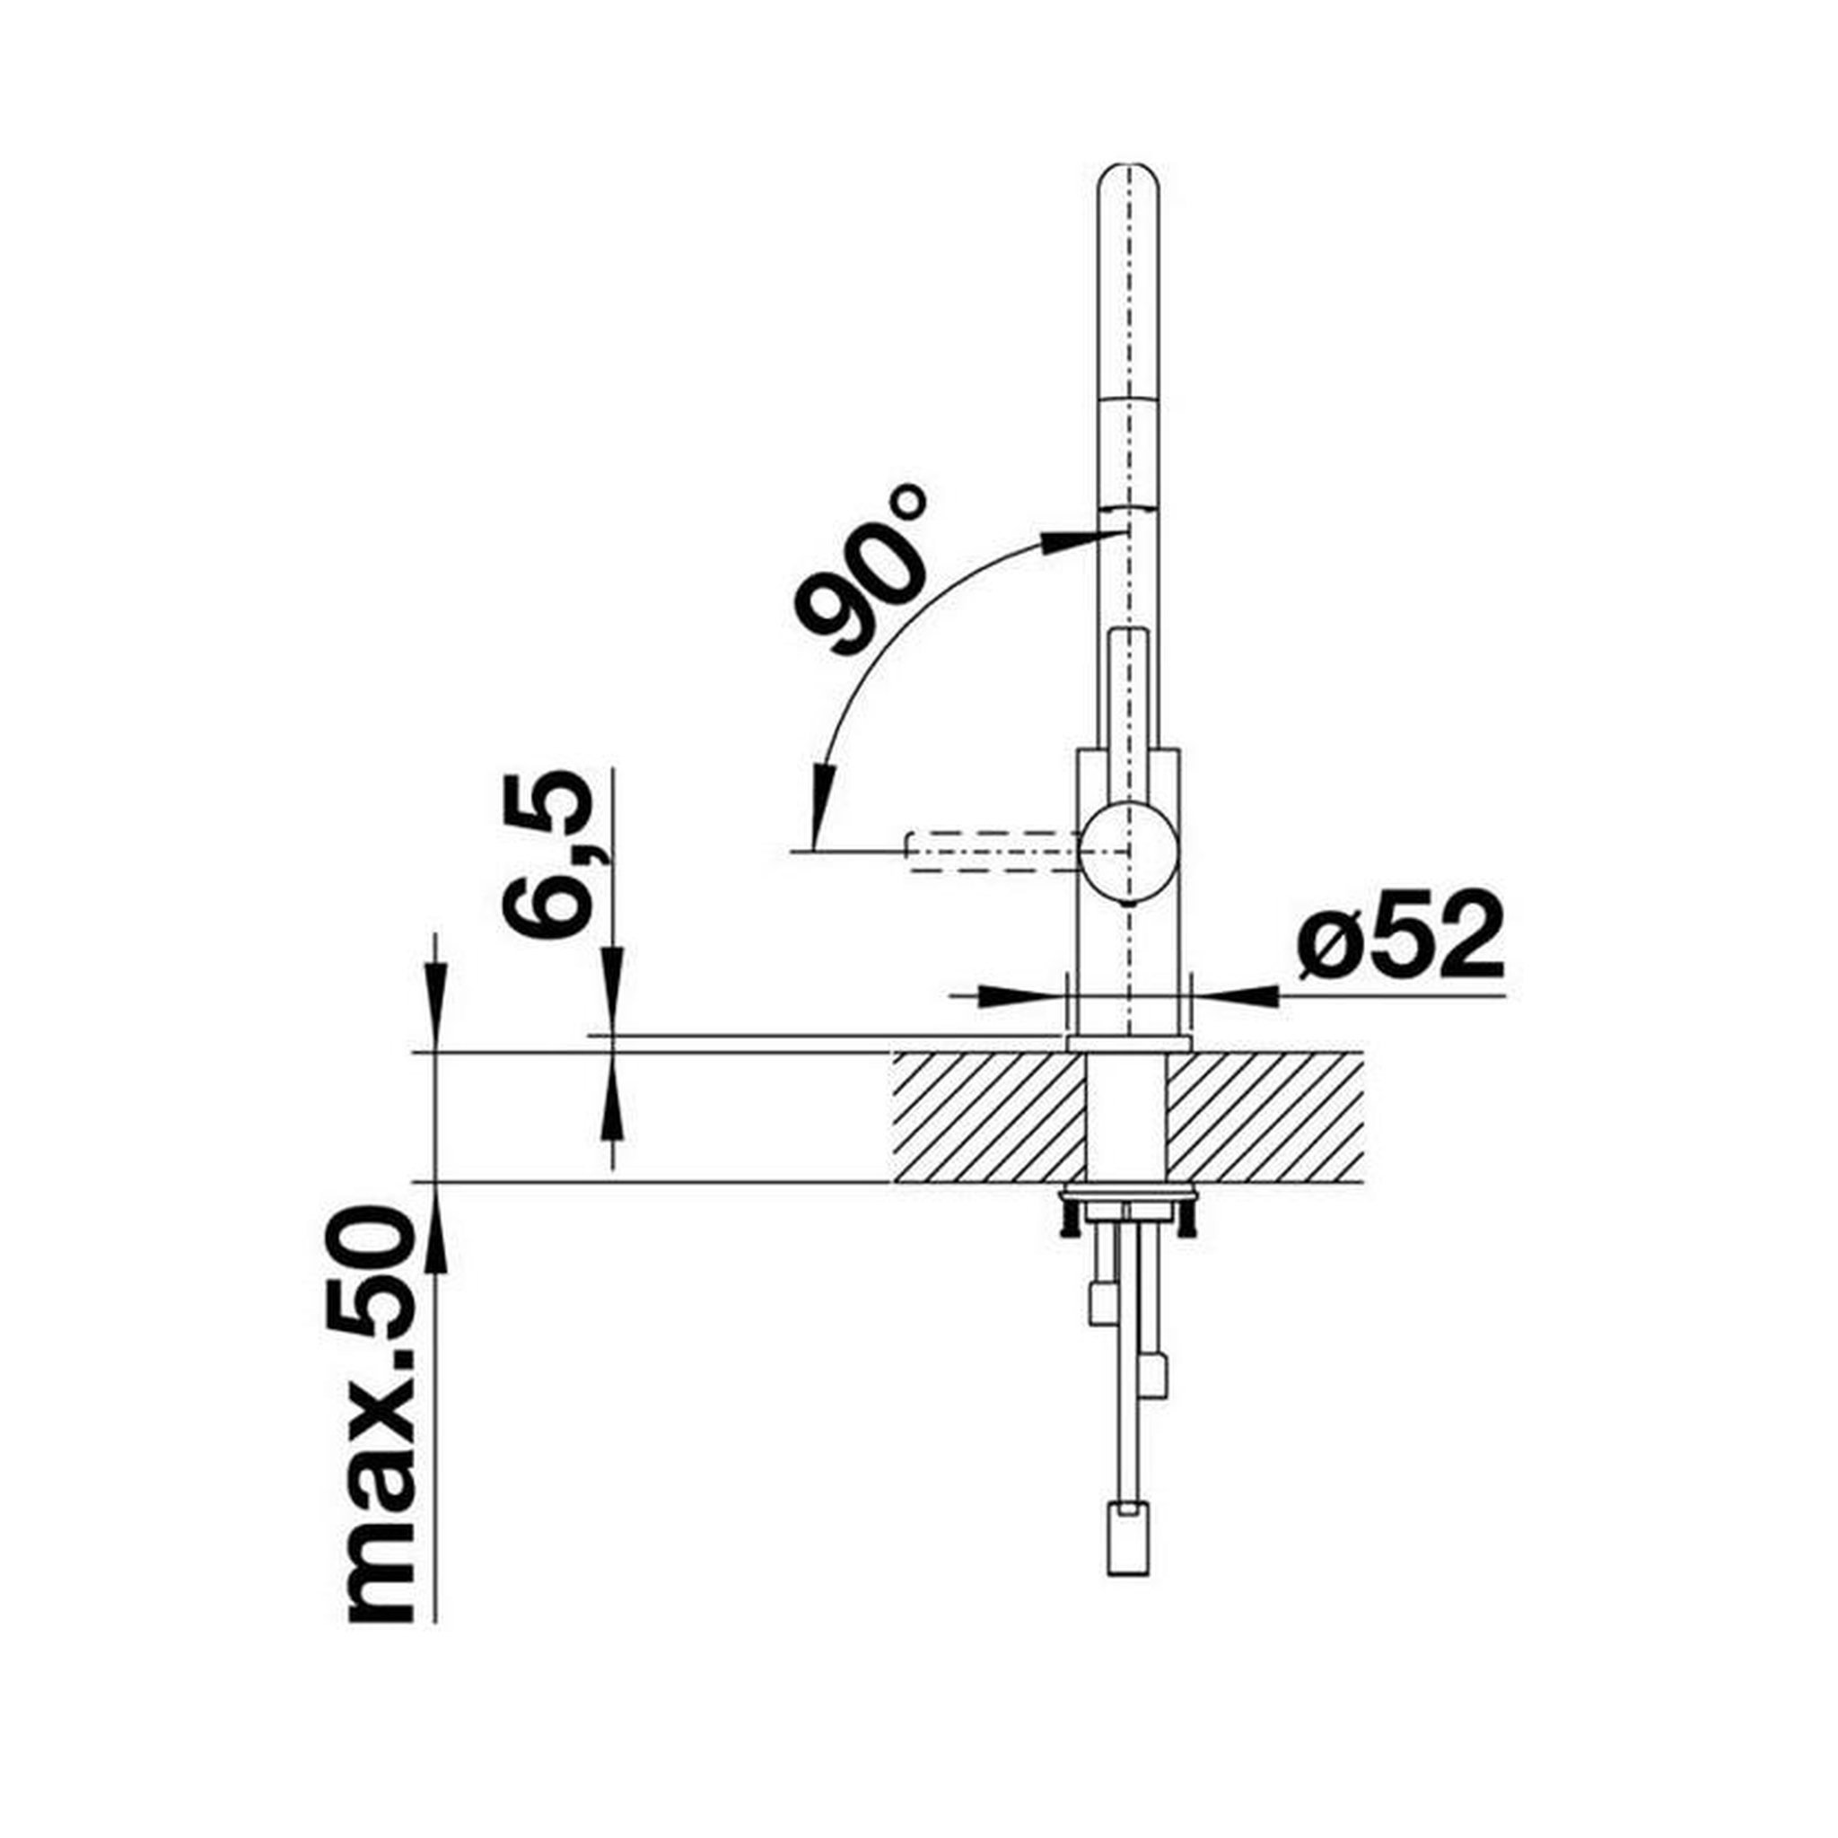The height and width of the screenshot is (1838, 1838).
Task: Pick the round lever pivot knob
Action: pyautogui.click(x=1129, y=850)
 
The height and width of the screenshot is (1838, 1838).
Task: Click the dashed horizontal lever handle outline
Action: pyautogui.click(x=994, y=851)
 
